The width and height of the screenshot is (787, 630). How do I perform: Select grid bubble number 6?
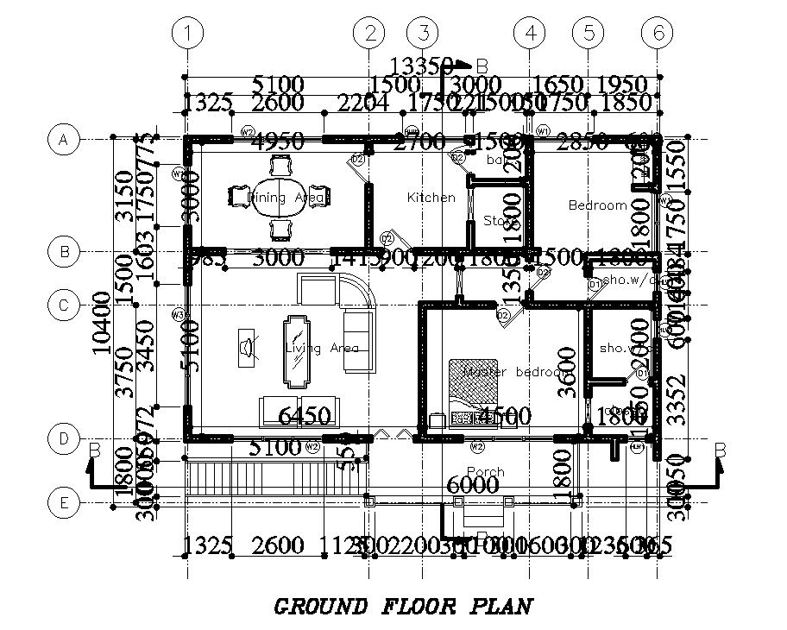click(658, 34)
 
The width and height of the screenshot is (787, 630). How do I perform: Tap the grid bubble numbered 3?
click(423, 34)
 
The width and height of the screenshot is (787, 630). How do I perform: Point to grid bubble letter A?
click(63, 139)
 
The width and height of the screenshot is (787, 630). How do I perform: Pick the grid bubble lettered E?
click(63, 501)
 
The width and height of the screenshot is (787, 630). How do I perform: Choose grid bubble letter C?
click(63, 306)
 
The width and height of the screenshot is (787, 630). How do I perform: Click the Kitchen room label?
click(431, 198)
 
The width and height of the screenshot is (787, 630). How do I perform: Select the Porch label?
click(485, 472)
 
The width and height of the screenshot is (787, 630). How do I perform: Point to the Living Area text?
click(321, 348)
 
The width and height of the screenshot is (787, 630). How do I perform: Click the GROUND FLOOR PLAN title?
click(403, 607)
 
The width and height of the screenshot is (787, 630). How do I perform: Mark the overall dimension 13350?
click(422, 66)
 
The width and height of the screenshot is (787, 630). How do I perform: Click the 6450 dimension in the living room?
click(305, 417)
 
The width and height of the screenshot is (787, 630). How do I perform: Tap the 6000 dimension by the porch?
click(474, 487)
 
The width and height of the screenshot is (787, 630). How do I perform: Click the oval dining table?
click(279, 197)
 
